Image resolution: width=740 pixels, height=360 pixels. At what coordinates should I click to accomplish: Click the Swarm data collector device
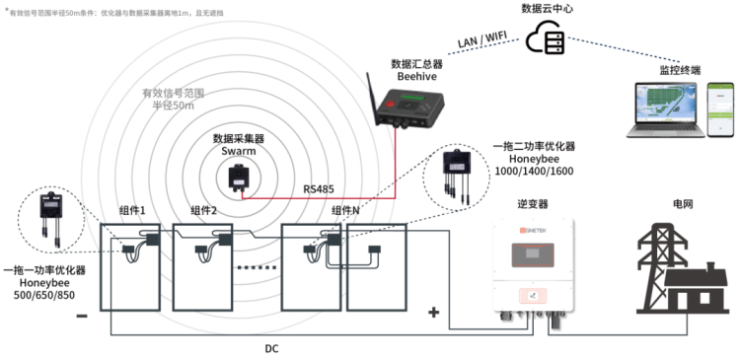[x=240, y=177]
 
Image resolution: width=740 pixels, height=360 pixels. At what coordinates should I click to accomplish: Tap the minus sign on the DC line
[x=81, y=317]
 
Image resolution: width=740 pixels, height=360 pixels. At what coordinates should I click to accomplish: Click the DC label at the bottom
[x=271, y=349]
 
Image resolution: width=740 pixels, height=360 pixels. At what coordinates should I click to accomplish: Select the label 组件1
[x=132, y=211]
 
